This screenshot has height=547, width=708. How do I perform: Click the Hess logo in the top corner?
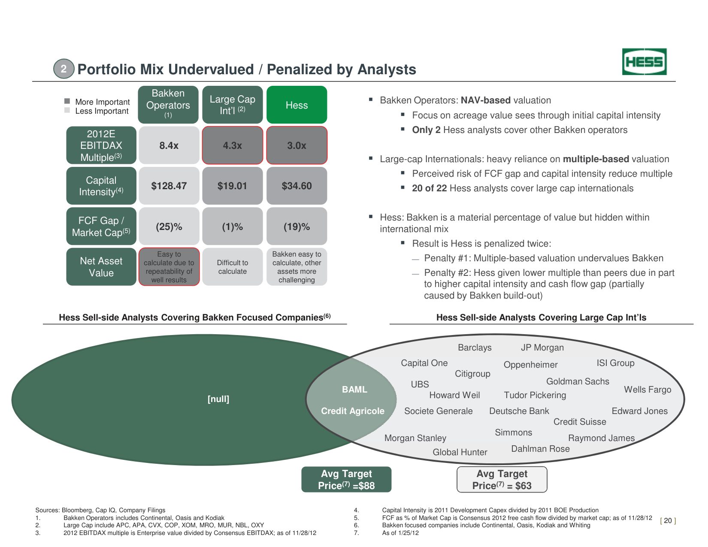[x=644, y=62]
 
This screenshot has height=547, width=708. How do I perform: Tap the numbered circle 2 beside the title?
[x=64, y=69]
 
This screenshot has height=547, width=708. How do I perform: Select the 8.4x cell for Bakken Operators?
[x=169, y=145]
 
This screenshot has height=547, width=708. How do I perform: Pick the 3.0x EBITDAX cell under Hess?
[x=297, y=145]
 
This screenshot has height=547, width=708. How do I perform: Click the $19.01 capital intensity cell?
[x=232, y=186]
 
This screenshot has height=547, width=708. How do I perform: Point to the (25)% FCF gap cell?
[x=169, y=227]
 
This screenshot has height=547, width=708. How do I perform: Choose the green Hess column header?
[x=297, y=105]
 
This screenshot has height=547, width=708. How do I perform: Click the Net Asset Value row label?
[x=101, y=267]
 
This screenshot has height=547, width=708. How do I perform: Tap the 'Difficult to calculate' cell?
[x=232, y=267]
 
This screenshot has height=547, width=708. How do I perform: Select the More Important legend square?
[x=67, y=101]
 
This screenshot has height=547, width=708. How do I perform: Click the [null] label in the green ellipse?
[x=218, y=399]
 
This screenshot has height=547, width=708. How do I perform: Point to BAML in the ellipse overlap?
[x=354, y=390]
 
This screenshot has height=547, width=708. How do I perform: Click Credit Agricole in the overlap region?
[x=353, y=411]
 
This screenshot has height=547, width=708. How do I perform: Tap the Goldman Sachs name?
[x=578, y=381]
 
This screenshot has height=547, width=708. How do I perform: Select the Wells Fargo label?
[x=647, y=390]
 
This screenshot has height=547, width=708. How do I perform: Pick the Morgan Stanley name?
[x=415, y=438]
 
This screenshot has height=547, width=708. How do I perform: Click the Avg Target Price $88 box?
[x=346, y=480]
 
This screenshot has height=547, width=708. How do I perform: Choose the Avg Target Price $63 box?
[x=502, y=480]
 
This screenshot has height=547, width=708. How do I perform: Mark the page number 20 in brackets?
[x=668, y=521]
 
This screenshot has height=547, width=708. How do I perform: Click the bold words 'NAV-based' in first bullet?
[x=485, y=100]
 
